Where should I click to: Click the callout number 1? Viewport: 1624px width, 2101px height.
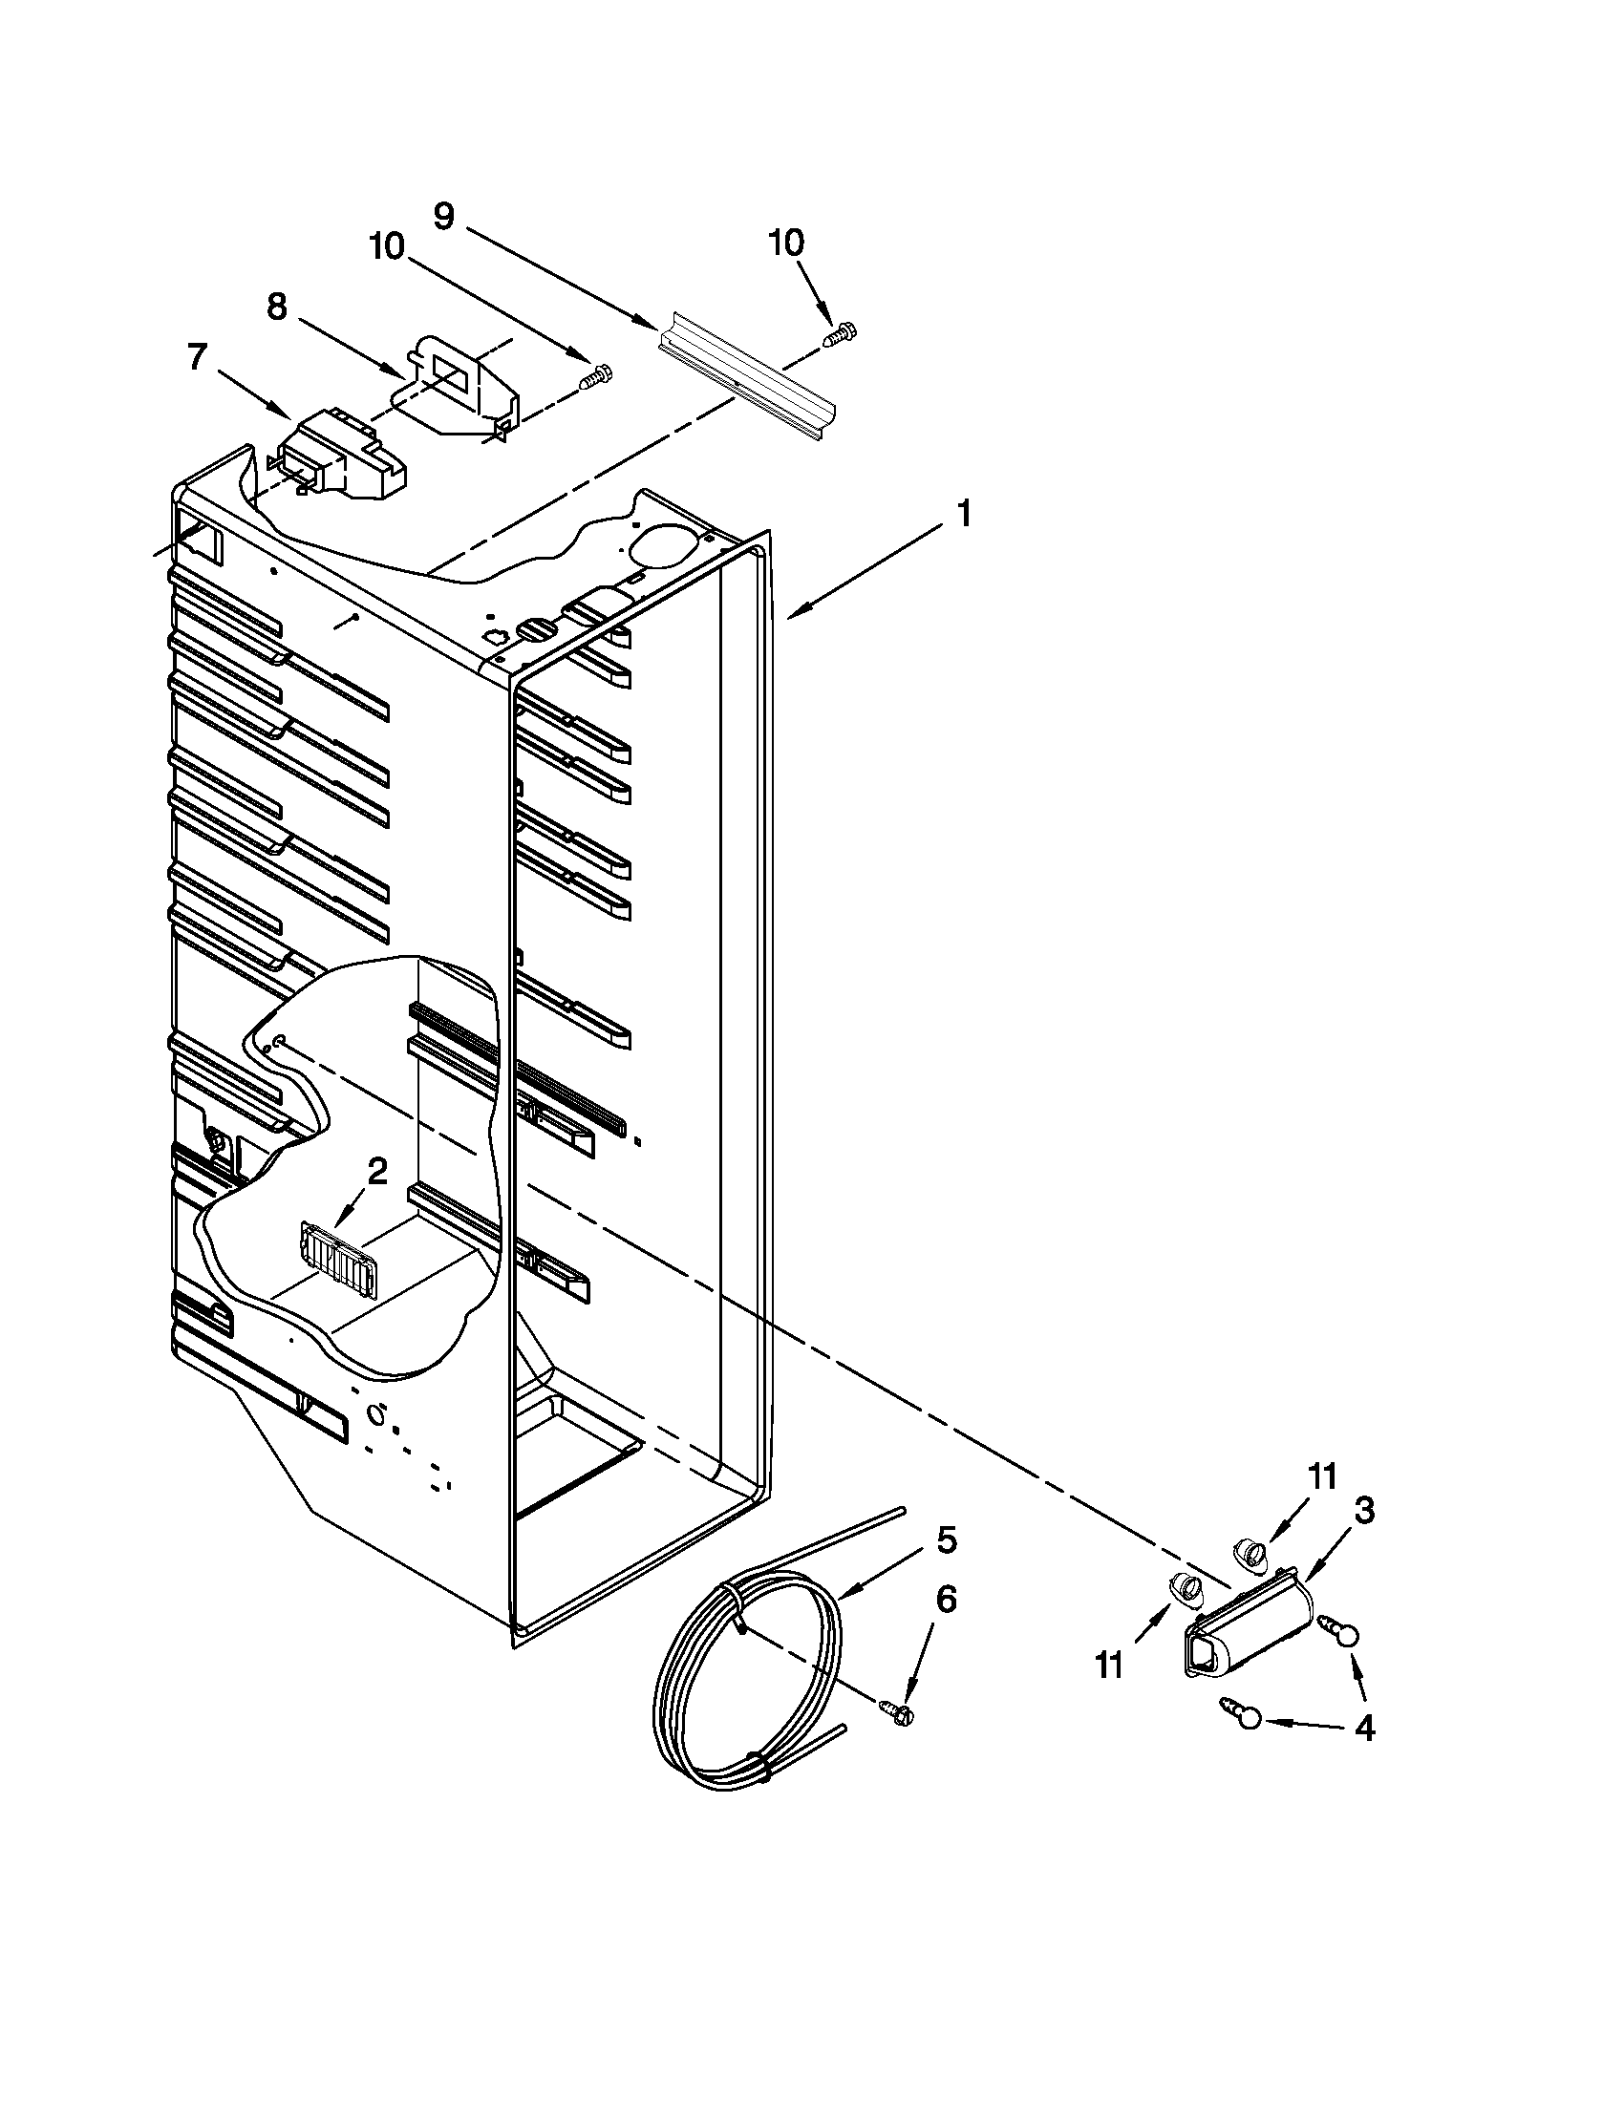coord(963,514)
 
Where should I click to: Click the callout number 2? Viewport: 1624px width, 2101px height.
coord(377,1171)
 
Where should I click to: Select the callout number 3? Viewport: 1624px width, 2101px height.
coord(1363,1512)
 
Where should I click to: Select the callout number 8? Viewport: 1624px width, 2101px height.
coord(276,307)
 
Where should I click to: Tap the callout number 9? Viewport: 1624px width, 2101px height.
coord(442,216)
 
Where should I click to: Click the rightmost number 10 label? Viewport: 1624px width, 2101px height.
coord(786,244)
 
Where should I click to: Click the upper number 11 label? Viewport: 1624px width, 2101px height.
coord(1323,1476)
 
